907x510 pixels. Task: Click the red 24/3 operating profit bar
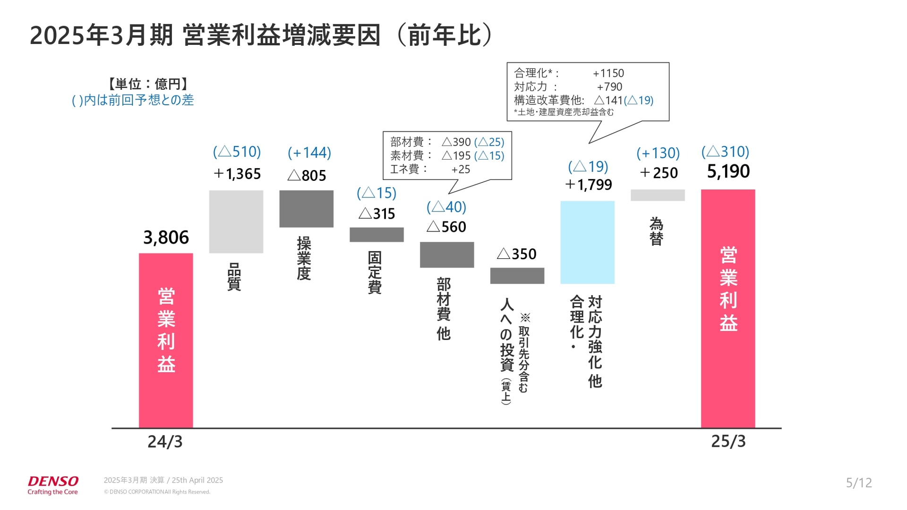click(166, 340)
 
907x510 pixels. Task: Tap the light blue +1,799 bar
click(587, 242)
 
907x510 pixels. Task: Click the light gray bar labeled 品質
click(236, 221)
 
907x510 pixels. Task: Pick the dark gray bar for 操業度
click(306, 209)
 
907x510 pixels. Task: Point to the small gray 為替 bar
click(658, 195)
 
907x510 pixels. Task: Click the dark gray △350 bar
click(517, 276)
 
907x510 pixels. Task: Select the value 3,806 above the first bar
click(166, 238)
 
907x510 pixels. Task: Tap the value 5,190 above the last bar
click(728, 171)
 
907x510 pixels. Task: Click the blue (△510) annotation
click(237, 152)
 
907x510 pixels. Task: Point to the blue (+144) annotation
click(309, 153)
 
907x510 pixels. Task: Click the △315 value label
click(376, 213)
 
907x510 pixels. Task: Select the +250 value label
click(659, 173)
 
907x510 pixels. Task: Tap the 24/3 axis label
click(165, 442)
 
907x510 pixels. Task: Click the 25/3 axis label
click(728, 441)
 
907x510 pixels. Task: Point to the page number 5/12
click(859, 483)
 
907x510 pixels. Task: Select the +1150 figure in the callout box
click(608, 73)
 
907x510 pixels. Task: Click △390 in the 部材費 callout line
click(456, 142)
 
